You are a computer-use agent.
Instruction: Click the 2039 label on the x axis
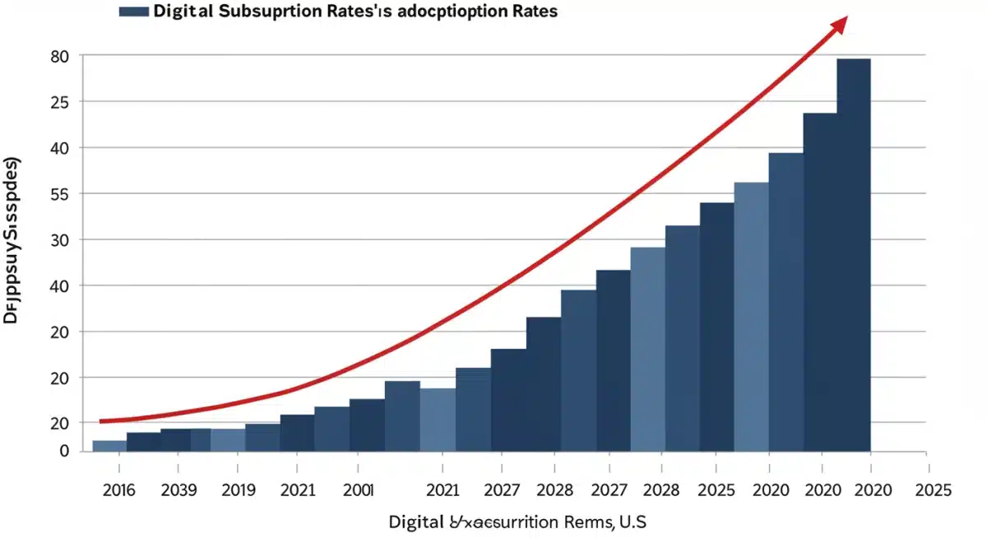pos(178,490)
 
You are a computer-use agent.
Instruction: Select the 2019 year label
pos(239,490)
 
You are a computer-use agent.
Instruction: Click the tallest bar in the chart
pos(854,255)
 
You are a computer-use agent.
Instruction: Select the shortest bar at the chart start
pos(109,446)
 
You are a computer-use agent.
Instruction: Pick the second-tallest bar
pos(820,282)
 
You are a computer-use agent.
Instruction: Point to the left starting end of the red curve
pos(102,421)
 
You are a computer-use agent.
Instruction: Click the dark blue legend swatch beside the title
pos(133,12)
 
